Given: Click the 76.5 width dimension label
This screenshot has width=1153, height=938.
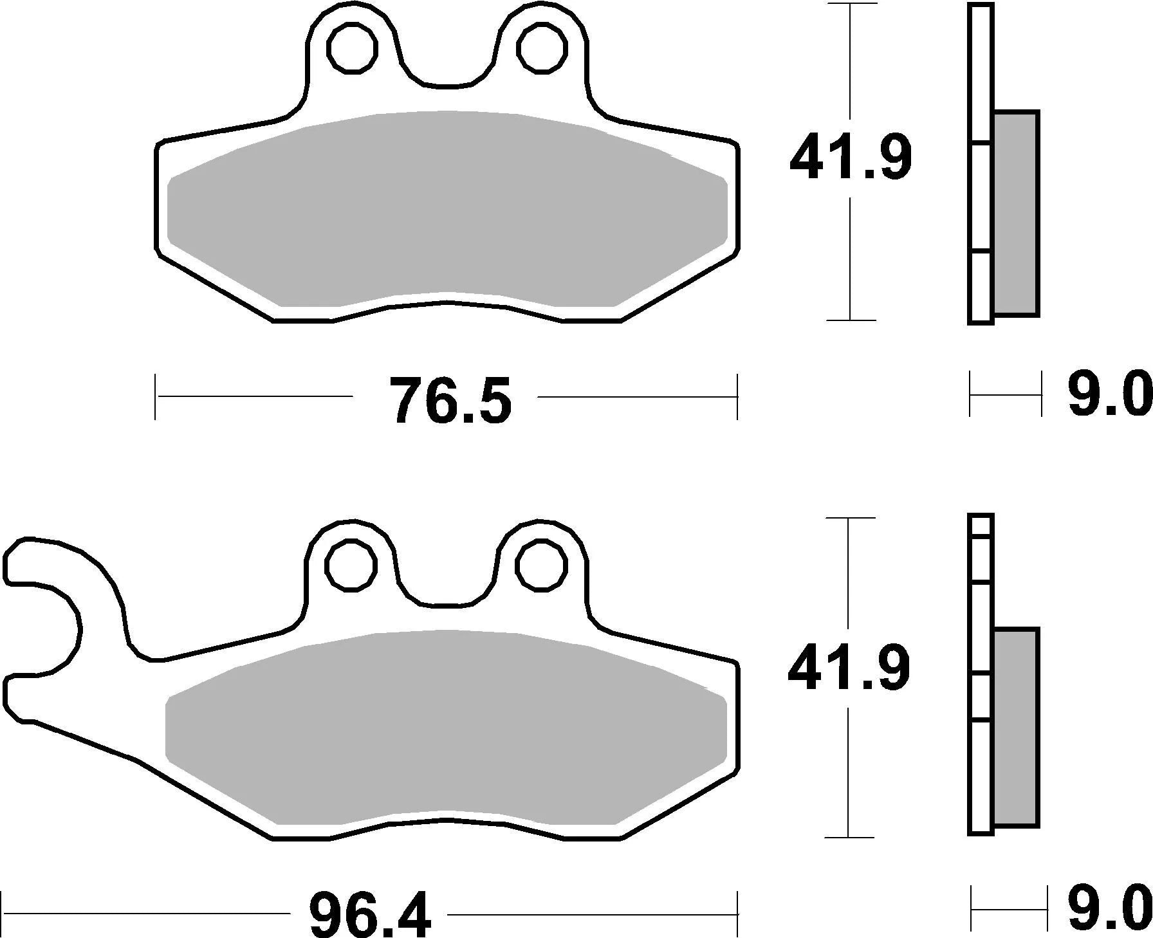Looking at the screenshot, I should coord(451,400).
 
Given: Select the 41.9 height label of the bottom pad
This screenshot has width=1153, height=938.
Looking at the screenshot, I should coord(849,668).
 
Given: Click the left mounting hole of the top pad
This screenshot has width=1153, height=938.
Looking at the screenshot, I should coord(351,46).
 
